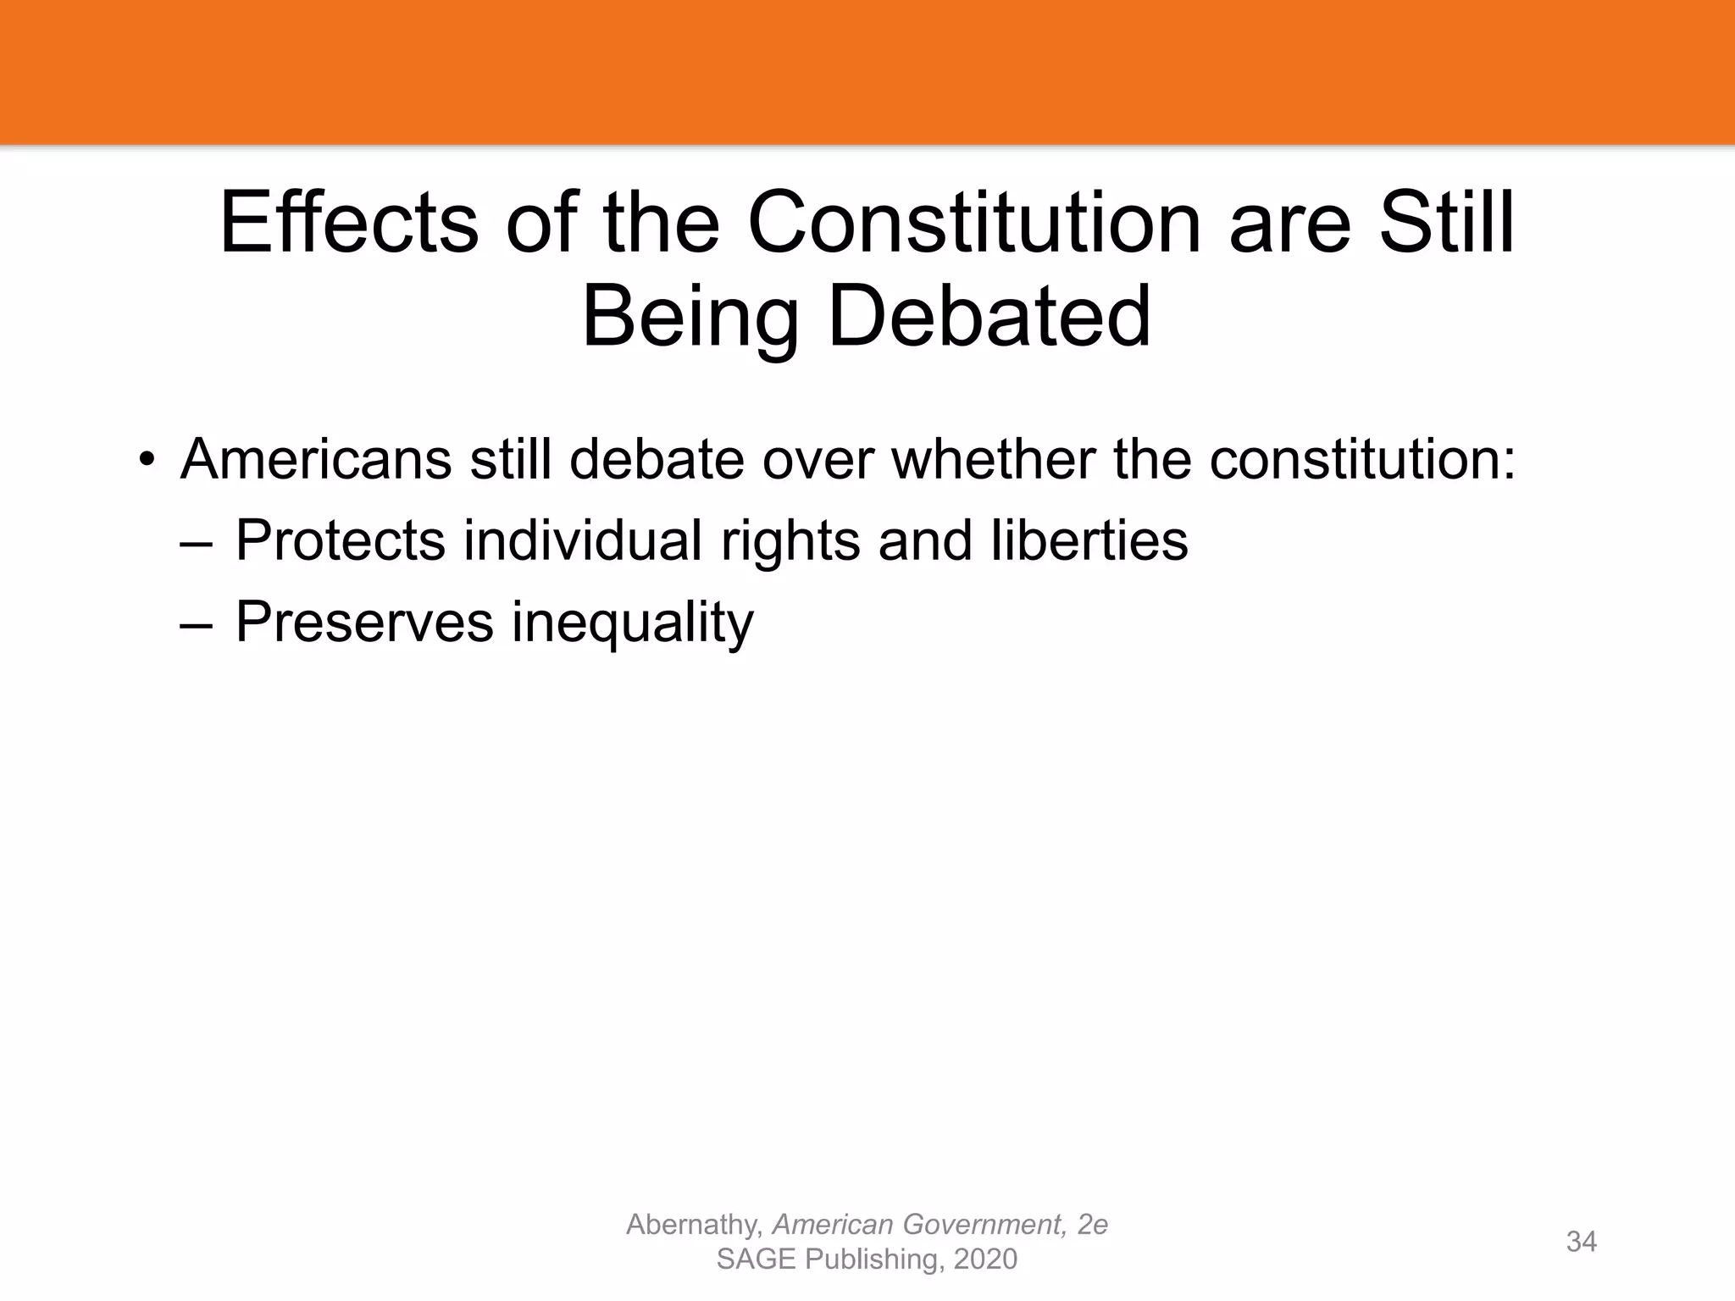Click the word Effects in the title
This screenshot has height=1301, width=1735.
pos(348,224)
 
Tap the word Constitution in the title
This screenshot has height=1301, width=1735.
pos(974,224)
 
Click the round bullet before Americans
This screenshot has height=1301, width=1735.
pos(147,460)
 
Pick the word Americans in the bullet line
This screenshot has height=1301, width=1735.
pos(315,459)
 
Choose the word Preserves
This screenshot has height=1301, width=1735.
pos(363,622)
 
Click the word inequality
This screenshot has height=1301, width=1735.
pos(632,623)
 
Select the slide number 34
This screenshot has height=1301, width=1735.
pos(1581,1242)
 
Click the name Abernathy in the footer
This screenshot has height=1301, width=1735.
pos(694,1225)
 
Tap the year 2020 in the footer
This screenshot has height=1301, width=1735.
pos(984,1259)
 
